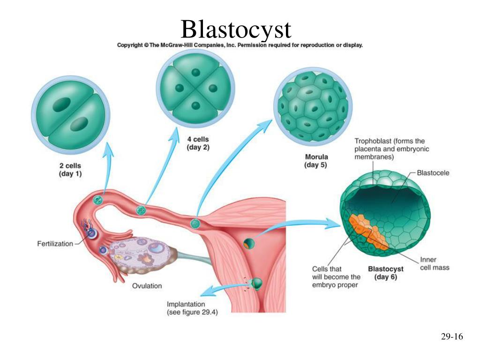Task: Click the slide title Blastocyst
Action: tap(236, 29)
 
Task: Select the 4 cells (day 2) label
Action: tap(198, 143)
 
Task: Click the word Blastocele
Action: tap(433, 173)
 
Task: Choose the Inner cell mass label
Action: tap(435, 263)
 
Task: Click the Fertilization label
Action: tap(55, 244)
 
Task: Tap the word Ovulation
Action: tap(147, 286)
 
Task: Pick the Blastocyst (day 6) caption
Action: tap(386, 273)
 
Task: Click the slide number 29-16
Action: tap(452, 337)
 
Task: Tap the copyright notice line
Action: tap(240, 45)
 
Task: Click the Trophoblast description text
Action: tap(391, 149)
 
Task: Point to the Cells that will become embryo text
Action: tap(336, 277)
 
